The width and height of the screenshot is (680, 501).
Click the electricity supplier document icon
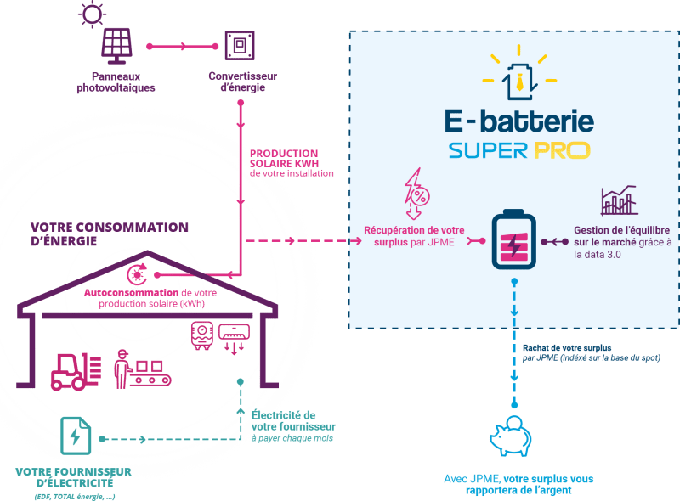[75, 436]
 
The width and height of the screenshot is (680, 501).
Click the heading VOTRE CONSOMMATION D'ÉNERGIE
[109, 234]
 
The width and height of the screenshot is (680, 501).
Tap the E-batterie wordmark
[519, 121]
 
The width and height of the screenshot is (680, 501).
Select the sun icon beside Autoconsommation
[135, 273]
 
